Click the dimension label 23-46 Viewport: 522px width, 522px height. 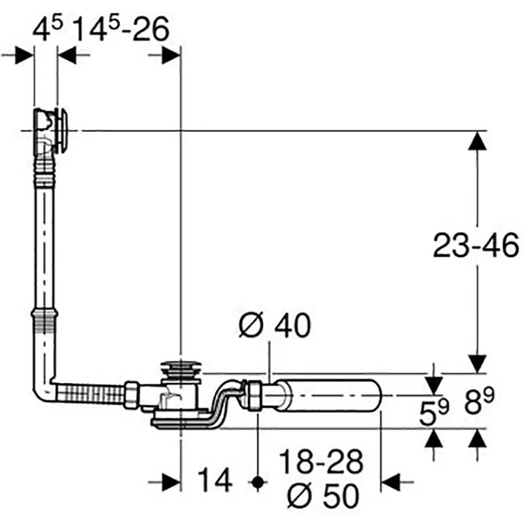476,246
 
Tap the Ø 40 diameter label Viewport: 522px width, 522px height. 275,325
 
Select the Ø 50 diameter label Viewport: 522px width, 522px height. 323,496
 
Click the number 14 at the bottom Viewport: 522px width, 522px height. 215,480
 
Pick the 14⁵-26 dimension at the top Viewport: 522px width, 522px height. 121,29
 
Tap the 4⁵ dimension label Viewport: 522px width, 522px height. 48,29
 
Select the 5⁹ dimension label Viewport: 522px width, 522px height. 434,412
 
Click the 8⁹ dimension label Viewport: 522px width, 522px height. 479,401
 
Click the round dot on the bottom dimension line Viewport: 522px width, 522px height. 257,482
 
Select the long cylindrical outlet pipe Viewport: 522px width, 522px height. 328,395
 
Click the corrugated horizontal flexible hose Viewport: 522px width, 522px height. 90,395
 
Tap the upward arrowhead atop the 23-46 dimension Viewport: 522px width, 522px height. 477,141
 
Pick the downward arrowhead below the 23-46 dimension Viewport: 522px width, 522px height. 477,364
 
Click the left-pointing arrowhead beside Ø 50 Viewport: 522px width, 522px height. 390,482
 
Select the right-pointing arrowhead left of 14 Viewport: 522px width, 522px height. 171,482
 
